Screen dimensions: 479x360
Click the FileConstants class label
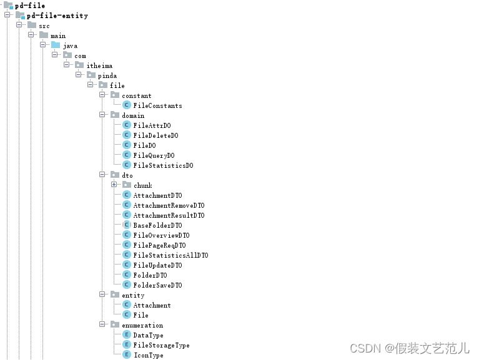(x=157, y=105)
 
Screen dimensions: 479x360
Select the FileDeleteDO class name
(x=156, y=135)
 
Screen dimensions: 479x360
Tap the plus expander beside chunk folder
(x=114, y=185)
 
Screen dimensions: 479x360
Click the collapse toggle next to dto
(x=102, y=175)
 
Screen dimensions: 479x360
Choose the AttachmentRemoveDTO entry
(x=169, y=205)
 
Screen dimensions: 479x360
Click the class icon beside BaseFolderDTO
(x=127, y=225)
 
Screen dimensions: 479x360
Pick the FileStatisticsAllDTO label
(x=170, y=255)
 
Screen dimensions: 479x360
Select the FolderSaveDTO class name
(x=157, y=285)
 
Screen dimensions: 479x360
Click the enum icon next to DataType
(x=127, y=334)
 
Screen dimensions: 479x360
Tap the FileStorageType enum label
(x=161, y=345)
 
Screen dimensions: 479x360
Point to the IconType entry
(x=149, y=355)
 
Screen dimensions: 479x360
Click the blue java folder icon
(x=56, y=45)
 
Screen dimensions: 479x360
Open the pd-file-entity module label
(x=57, y=16)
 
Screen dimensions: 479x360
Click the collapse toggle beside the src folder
(x=19, y=25)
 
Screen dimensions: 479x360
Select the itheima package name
(x=99, y=66)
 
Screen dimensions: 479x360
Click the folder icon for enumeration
(x=115, y=324)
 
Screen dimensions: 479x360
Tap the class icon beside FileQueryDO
(x=127, y=155)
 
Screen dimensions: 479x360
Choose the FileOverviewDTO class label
(x=161, y=235)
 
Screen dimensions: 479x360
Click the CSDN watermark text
(x=409, y=348)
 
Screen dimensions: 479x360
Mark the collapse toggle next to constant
(x=102, y=95)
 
